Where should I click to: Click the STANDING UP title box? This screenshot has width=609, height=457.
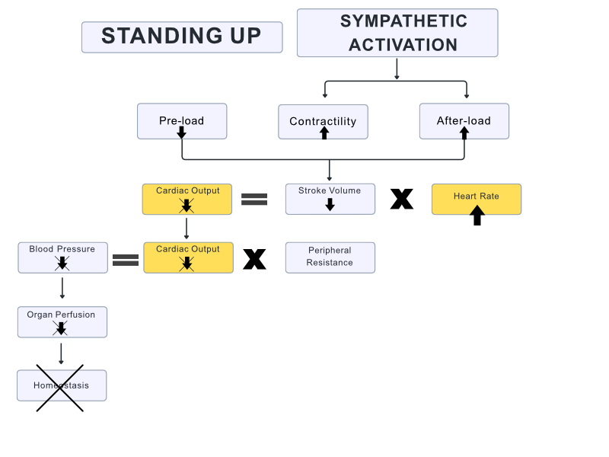coord(182,37)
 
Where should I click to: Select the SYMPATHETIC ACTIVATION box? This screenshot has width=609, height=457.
coord(397,33)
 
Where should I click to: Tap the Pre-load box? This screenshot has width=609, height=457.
coord(182,120)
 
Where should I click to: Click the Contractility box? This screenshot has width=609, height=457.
coord(323,121)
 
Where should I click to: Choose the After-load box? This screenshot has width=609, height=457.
coord(464,120)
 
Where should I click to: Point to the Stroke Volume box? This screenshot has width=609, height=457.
coord(330,198)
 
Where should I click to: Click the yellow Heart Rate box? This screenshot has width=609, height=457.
coord(476,198)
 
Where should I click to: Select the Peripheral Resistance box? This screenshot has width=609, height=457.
coord(330,257)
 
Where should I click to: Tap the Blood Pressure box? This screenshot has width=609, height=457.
coord(62,257)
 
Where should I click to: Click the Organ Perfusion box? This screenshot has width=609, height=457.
coord(62,321)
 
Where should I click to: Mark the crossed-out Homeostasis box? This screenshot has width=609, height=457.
coord(62,385)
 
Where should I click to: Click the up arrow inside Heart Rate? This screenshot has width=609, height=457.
coord(477,216)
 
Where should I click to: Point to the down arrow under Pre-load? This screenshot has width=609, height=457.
coord(182,133)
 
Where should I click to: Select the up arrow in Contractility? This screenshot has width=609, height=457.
coord(324,133)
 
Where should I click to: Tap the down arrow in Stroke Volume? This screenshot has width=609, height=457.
coord(330,204)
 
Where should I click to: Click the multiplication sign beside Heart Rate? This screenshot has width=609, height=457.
coord(402,199)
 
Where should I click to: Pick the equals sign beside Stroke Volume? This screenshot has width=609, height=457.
coord(254,200)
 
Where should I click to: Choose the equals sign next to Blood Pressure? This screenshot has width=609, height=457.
coord(125,260)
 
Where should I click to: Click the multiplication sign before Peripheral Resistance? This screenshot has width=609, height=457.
coord(254,259)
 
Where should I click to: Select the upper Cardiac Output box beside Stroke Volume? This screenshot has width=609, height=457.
coord(187,198)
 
